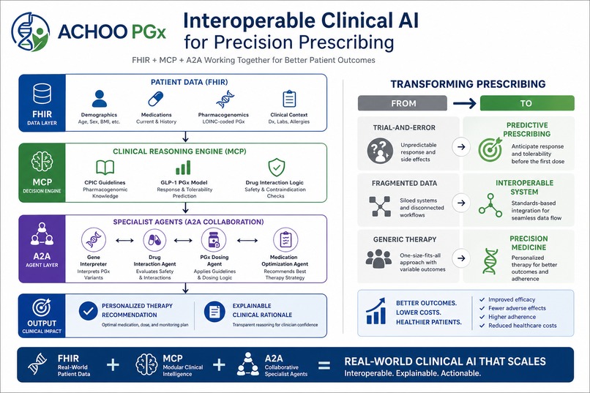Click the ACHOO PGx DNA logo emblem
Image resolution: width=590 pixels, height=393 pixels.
(31, 31)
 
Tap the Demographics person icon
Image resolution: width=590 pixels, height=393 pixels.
(99, 99)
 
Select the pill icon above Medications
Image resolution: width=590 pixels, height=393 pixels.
(155, 99)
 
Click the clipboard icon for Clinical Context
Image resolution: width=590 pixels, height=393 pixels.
(289, 99)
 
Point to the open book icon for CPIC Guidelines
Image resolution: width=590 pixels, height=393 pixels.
(105, 168)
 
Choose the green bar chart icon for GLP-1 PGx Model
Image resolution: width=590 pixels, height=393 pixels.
(183, 168)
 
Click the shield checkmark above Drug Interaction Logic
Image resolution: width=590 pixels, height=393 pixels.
(277, 168)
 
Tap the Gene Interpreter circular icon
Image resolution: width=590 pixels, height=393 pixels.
(93, 239)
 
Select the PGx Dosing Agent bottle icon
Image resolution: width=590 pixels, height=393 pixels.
(214, 239)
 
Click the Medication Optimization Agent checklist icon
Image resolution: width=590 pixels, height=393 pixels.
(285, 239)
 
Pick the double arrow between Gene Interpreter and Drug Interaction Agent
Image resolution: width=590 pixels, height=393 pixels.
(124, 241)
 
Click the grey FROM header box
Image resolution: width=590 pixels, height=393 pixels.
(403, 103)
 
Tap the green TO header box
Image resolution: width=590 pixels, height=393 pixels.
(527, 103)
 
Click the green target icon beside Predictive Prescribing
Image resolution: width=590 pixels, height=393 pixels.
(490, 149)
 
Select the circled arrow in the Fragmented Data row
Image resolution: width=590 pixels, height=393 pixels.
(461, 203)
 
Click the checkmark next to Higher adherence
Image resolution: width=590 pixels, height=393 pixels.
(482, 317)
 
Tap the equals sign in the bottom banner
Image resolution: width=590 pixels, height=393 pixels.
(324, 365)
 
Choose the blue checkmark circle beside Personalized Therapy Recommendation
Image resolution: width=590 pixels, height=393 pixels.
(89, 311)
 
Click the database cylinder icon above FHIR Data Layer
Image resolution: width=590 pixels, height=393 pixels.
(42, 94)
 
